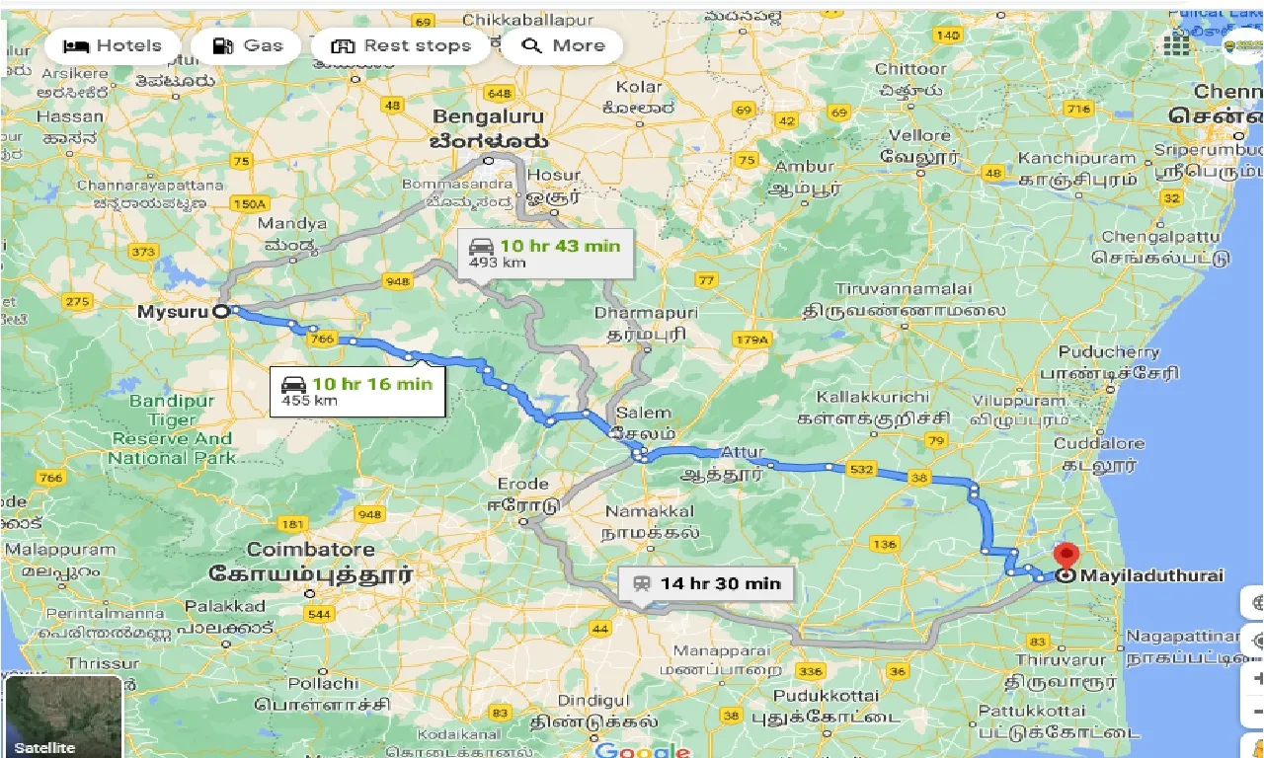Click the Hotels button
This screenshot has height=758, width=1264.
(112, 45)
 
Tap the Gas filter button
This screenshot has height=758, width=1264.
(246, 45)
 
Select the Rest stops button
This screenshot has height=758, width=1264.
(400, 45)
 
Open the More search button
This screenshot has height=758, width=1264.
(562, 45)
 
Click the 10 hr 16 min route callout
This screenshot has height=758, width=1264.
(356, 391)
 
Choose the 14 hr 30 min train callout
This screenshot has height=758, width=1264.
(706, 583)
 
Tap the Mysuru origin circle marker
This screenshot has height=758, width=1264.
(221, 311)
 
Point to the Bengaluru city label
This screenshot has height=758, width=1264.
(488, 117)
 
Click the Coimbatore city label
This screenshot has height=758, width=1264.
(310, 550)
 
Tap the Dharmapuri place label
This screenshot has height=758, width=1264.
(646, 312)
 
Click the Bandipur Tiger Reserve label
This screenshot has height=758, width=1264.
(172, 429)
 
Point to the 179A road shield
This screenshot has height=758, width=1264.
(750, 341)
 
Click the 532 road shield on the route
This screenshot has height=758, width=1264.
(860, 469)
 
